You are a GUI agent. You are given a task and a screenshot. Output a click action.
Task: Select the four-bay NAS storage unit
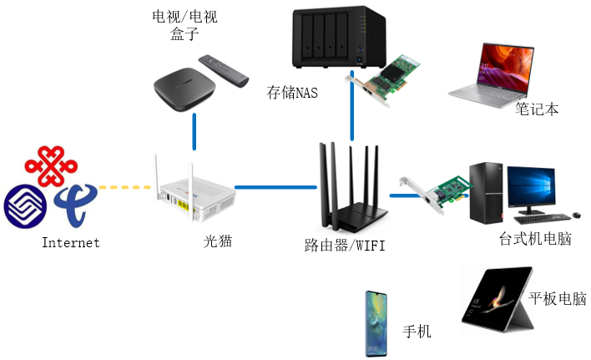[x=326, y=38]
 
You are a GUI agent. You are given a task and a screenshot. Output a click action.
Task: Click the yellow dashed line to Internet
[x=125, y=186]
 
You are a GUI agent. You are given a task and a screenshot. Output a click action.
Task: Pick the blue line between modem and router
[x=275, y=187]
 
